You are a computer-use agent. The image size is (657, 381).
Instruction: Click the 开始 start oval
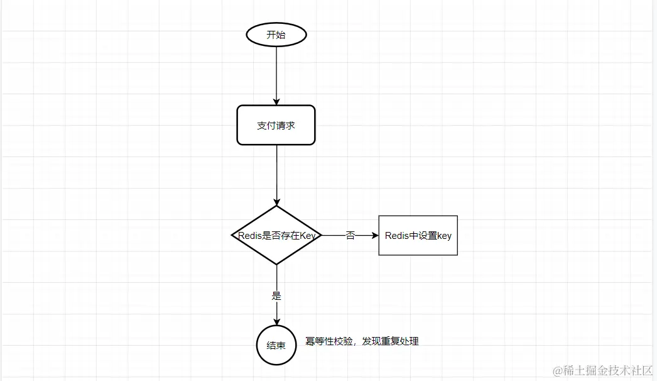[276, 35]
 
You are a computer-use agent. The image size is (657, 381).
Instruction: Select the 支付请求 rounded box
[276, 125]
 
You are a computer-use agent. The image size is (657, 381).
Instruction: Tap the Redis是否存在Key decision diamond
[276, 236]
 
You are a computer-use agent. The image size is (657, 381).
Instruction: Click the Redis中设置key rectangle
[418, 236]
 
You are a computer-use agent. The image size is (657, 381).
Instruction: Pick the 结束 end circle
[276, 345]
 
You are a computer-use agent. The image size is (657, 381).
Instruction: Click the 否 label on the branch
[350, 236]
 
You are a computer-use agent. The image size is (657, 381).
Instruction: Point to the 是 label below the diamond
[276, 295]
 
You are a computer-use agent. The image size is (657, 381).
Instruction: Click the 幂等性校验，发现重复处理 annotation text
[362, 341]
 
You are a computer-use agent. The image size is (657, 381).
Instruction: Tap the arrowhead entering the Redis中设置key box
[375, 236]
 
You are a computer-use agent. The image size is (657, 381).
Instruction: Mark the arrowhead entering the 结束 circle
[276, 322]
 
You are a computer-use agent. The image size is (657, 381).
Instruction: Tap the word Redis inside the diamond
[249, 236]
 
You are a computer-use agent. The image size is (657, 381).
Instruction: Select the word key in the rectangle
[444, 236]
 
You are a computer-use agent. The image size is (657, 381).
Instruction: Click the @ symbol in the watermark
[557, 371]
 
